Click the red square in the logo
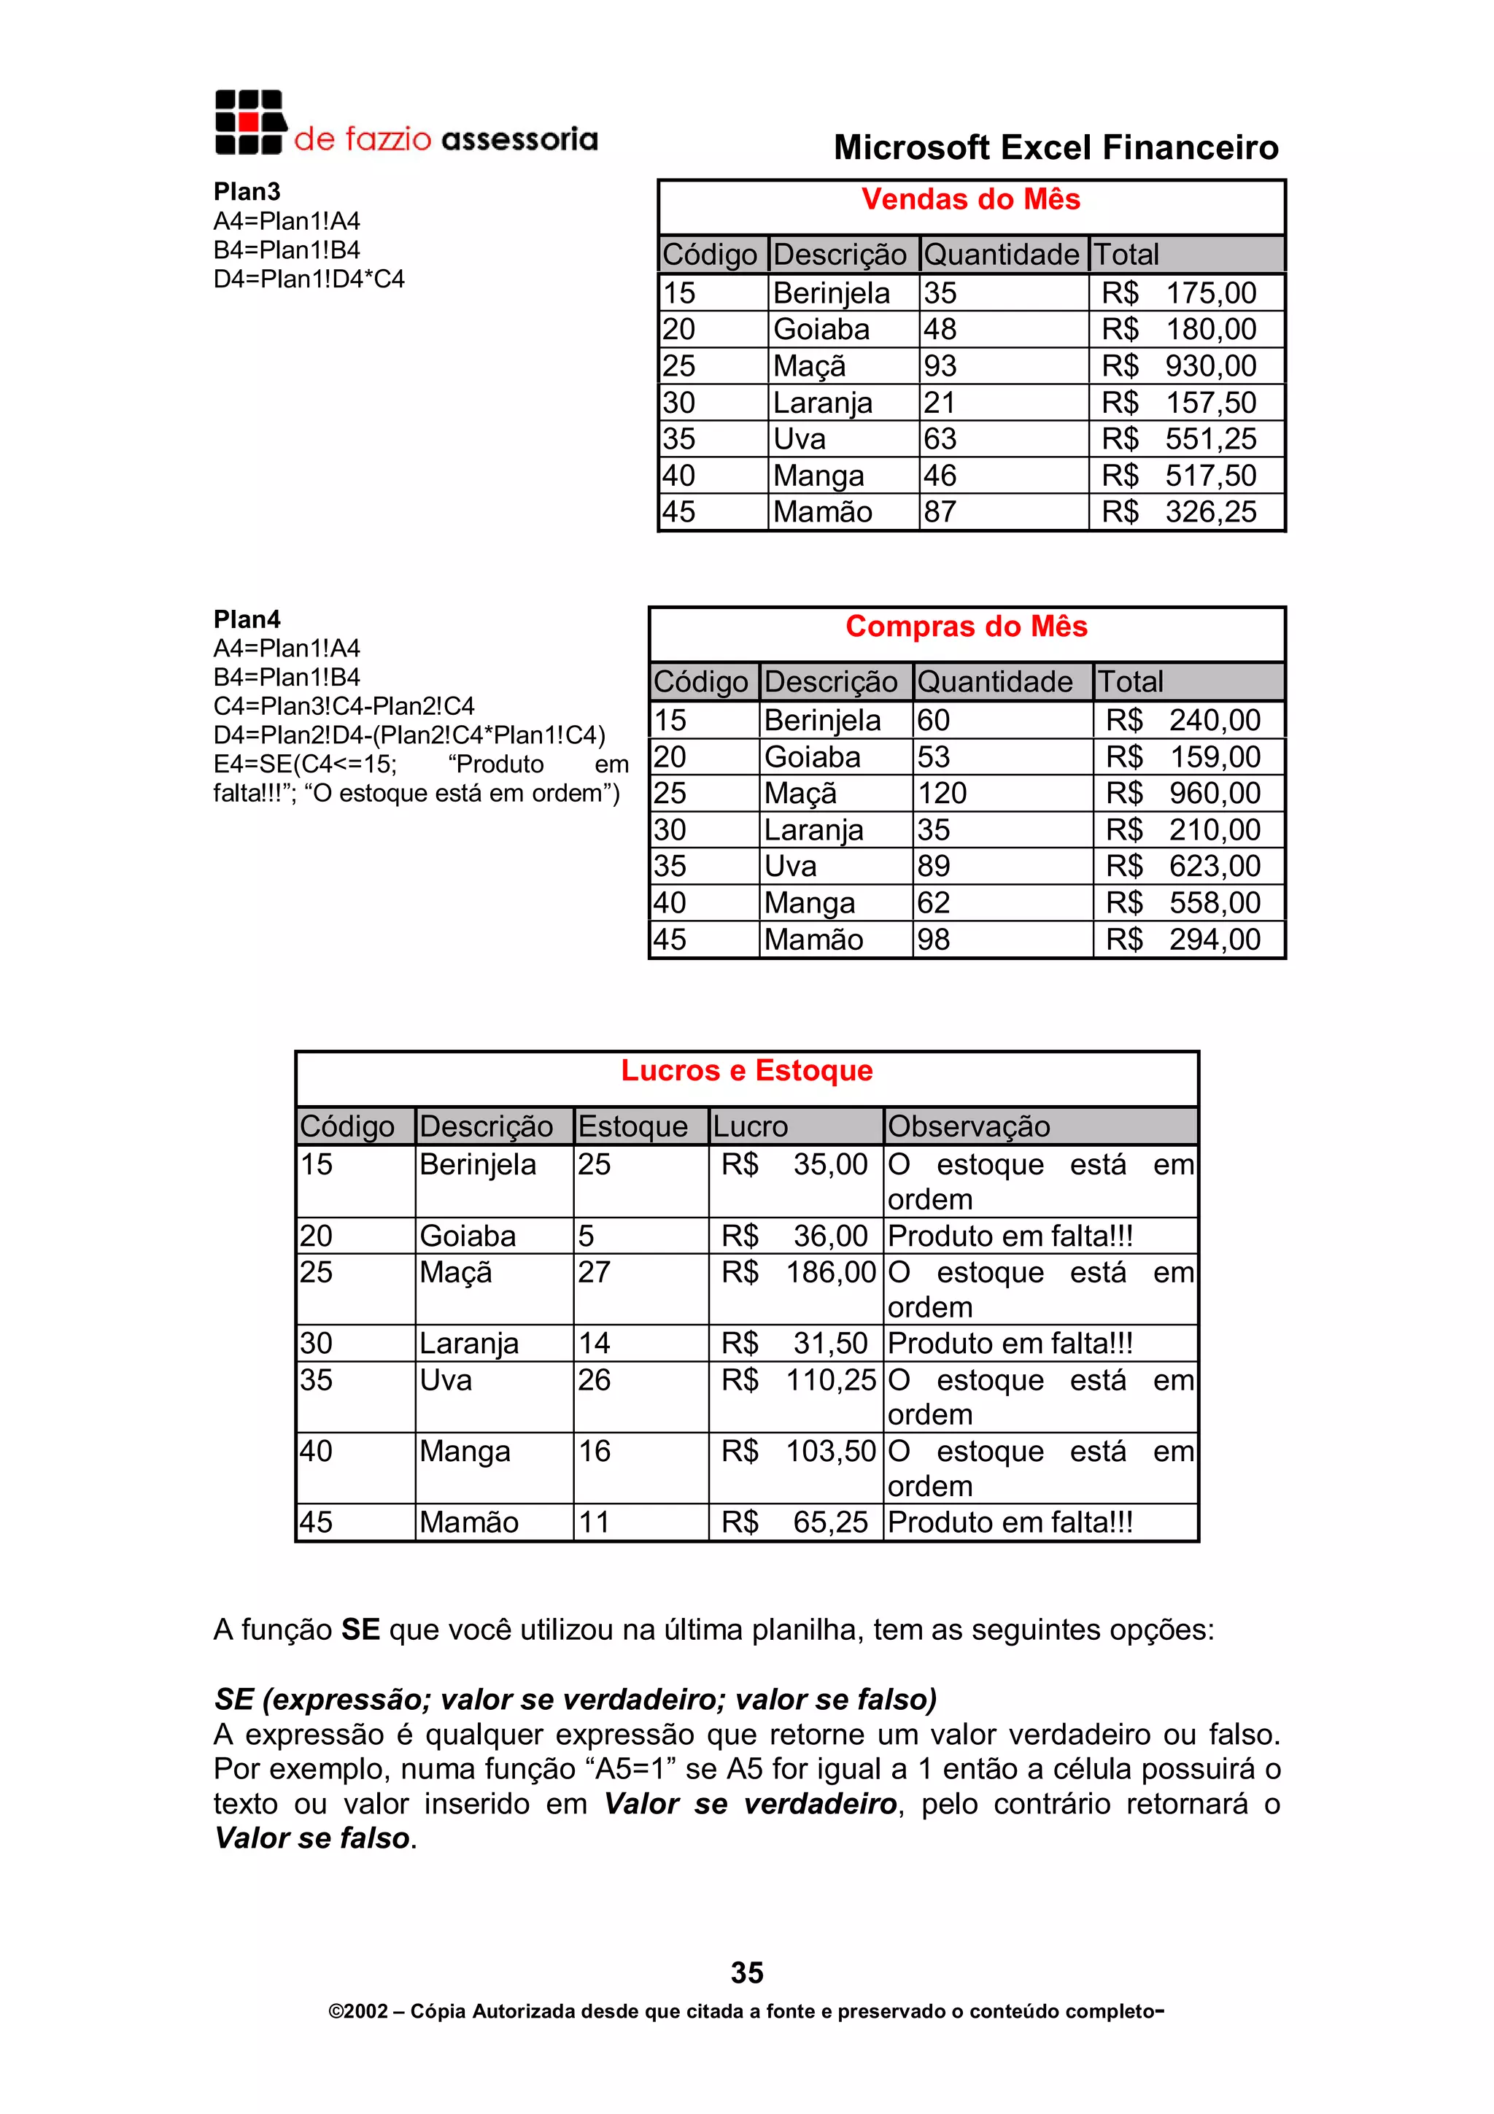247,122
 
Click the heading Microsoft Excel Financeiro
1056,147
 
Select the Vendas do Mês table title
970,199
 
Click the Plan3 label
247,192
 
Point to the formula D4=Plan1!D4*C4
309,279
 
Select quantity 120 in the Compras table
942,793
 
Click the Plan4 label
247,619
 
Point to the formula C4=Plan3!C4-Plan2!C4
344,706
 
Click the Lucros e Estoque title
746,1070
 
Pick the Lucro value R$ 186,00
797,1272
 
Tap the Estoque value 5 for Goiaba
587,1236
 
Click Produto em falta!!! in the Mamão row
1010,1522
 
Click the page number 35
746,1972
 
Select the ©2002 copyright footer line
746,2012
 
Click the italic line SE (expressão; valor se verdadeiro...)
576,1699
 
